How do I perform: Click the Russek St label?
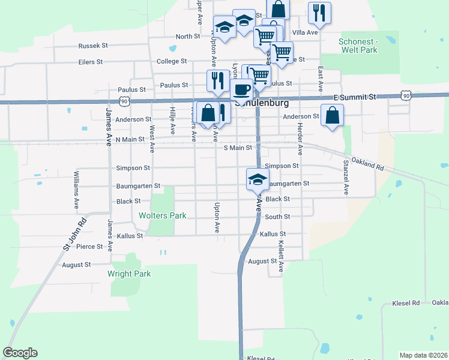tap(92, 45)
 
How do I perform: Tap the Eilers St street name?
tap(91, 62)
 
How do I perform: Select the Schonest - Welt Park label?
tap(358, 46)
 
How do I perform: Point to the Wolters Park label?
tap(162, 215)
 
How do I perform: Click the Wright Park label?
tap(129, 274)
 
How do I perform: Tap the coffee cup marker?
tap(242, 90)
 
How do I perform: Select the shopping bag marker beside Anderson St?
tap(332, 115)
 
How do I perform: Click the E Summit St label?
tap(355, 97)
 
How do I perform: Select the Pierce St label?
tap(89, 247)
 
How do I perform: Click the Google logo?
tap(20, 353)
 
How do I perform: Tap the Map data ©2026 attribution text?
tap(423, 355)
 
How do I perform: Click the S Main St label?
tap(237, 148)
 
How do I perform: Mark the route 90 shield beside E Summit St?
tap(406, 96)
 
